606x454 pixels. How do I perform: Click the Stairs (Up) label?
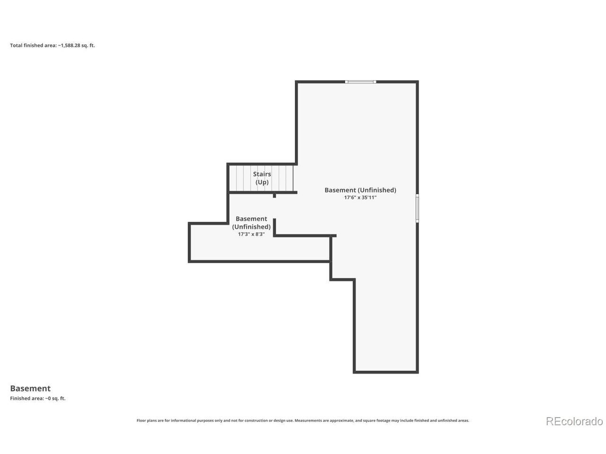[x=262, y=178]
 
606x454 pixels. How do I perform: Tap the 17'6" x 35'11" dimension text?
[x=360, y=197]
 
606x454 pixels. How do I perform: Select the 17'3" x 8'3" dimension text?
[x=251, y=234]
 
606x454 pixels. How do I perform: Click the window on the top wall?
[x=360, y=82]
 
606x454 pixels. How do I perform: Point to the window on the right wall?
[x=417, y=208]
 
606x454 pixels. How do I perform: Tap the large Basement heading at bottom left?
[x=30, y=388]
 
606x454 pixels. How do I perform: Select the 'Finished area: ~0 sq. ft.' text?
[x=38, y=398]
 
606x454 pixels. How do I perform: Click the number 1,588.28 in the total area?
[x=69, y=45]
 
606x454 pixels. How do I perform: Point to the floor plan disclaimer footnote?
[x=303, y=420]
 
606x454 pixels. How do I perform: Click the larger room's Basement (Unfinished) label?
[x=360, y=190]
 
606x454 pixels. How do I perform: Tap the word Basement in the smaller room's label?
[x=251, y=218]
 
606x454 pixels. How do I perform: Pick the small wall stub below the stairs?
[x=274, y=195]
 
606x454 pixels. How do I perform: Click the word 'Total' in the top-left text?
[x=16, y=45]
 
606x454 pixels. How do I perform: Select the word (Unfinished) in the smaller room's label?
[x=251, y=227]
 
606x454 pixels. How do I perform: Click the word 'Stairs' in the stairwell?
[x=262, y=174]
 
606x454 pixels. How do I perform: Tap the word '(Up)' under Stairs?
[x=262, y=182]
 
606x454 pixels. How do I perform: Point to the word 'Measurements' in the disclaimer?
[x=308, y=420]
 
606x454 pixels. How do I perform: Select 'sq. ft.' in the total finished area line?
[x=88, y=45]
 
